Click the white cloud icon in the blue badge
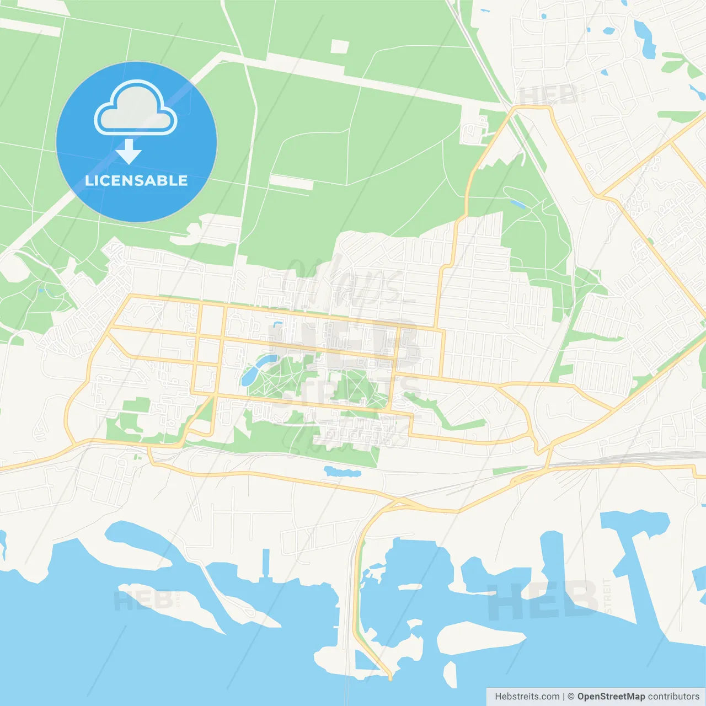coord(136,108)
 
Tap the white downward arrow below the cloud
coord(129,152)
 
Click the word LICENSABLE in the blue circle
coord(136,180)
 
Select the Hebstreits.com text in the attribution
coord(527,697)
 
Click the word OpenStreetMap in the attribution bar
coord(611,697)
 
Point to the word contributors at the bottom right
coord(673,697)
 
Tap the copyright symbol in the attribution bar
coord(571,697)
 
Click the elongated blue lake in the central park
coord(255,370)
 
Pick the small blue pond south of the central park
coord(342,472)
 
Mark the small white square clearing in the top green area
coord(340,47)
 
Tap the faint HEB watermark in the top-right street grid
coord(549,95)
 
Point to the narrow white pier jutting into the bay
coord(266,563)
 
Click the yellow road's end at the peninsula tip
coord(390,677)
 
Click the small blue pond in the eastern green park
coord(518,204)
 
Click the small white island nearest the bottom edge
coord(451,674)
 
